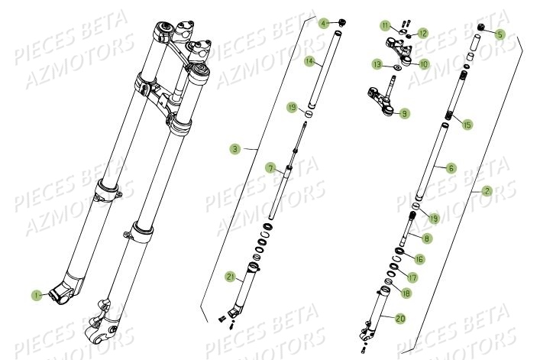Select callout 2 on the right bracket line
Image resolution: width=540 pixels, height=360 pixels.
(487, 192)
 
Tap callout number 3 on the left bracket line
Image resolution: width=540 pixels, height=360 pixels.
(234, 149)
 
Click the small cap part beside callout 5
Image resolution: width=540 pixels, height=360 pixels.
(483, 27)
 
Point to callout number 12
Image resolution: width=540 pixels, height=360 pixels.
(422, 34)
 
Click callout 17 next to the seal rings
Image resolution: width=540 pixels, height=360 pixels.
(414, 277)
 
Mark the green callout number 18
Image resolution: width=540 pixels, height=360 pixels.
(405, 293)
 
